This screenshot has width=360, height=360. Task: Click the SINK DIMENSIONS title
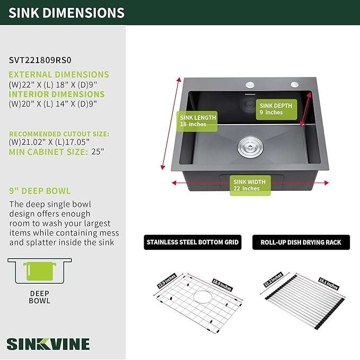tap(67, 13)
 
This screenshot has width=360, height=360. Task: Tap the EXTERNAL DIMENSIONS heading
tap(59, 75)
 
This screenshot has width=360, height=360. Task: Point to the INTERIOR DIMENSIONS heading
tap(57, 94)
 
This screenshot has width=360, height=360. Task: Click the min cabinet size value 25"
tap(98, 152)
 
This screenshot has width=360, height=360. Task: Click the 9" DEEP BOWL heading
tap(40, 191)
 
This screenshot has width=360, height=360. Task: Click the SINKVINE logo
tap(48, 343)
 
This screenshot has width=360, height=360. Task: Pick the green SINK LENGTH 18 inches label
tap(198, 121)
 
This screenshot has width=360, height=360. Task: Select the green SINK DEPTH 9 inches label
tap(276, 109)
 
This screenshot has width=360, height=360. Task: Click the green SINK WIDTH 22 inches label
tap(250, 185)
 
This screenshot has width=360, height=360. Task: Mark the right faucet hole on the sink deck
tap(293, 85)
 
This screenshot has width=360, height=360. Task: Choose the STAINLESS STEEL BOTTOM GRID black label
tap(193, 242)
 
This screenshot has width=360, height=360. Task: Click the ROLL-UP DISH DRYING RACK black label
tap(301, 242)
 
